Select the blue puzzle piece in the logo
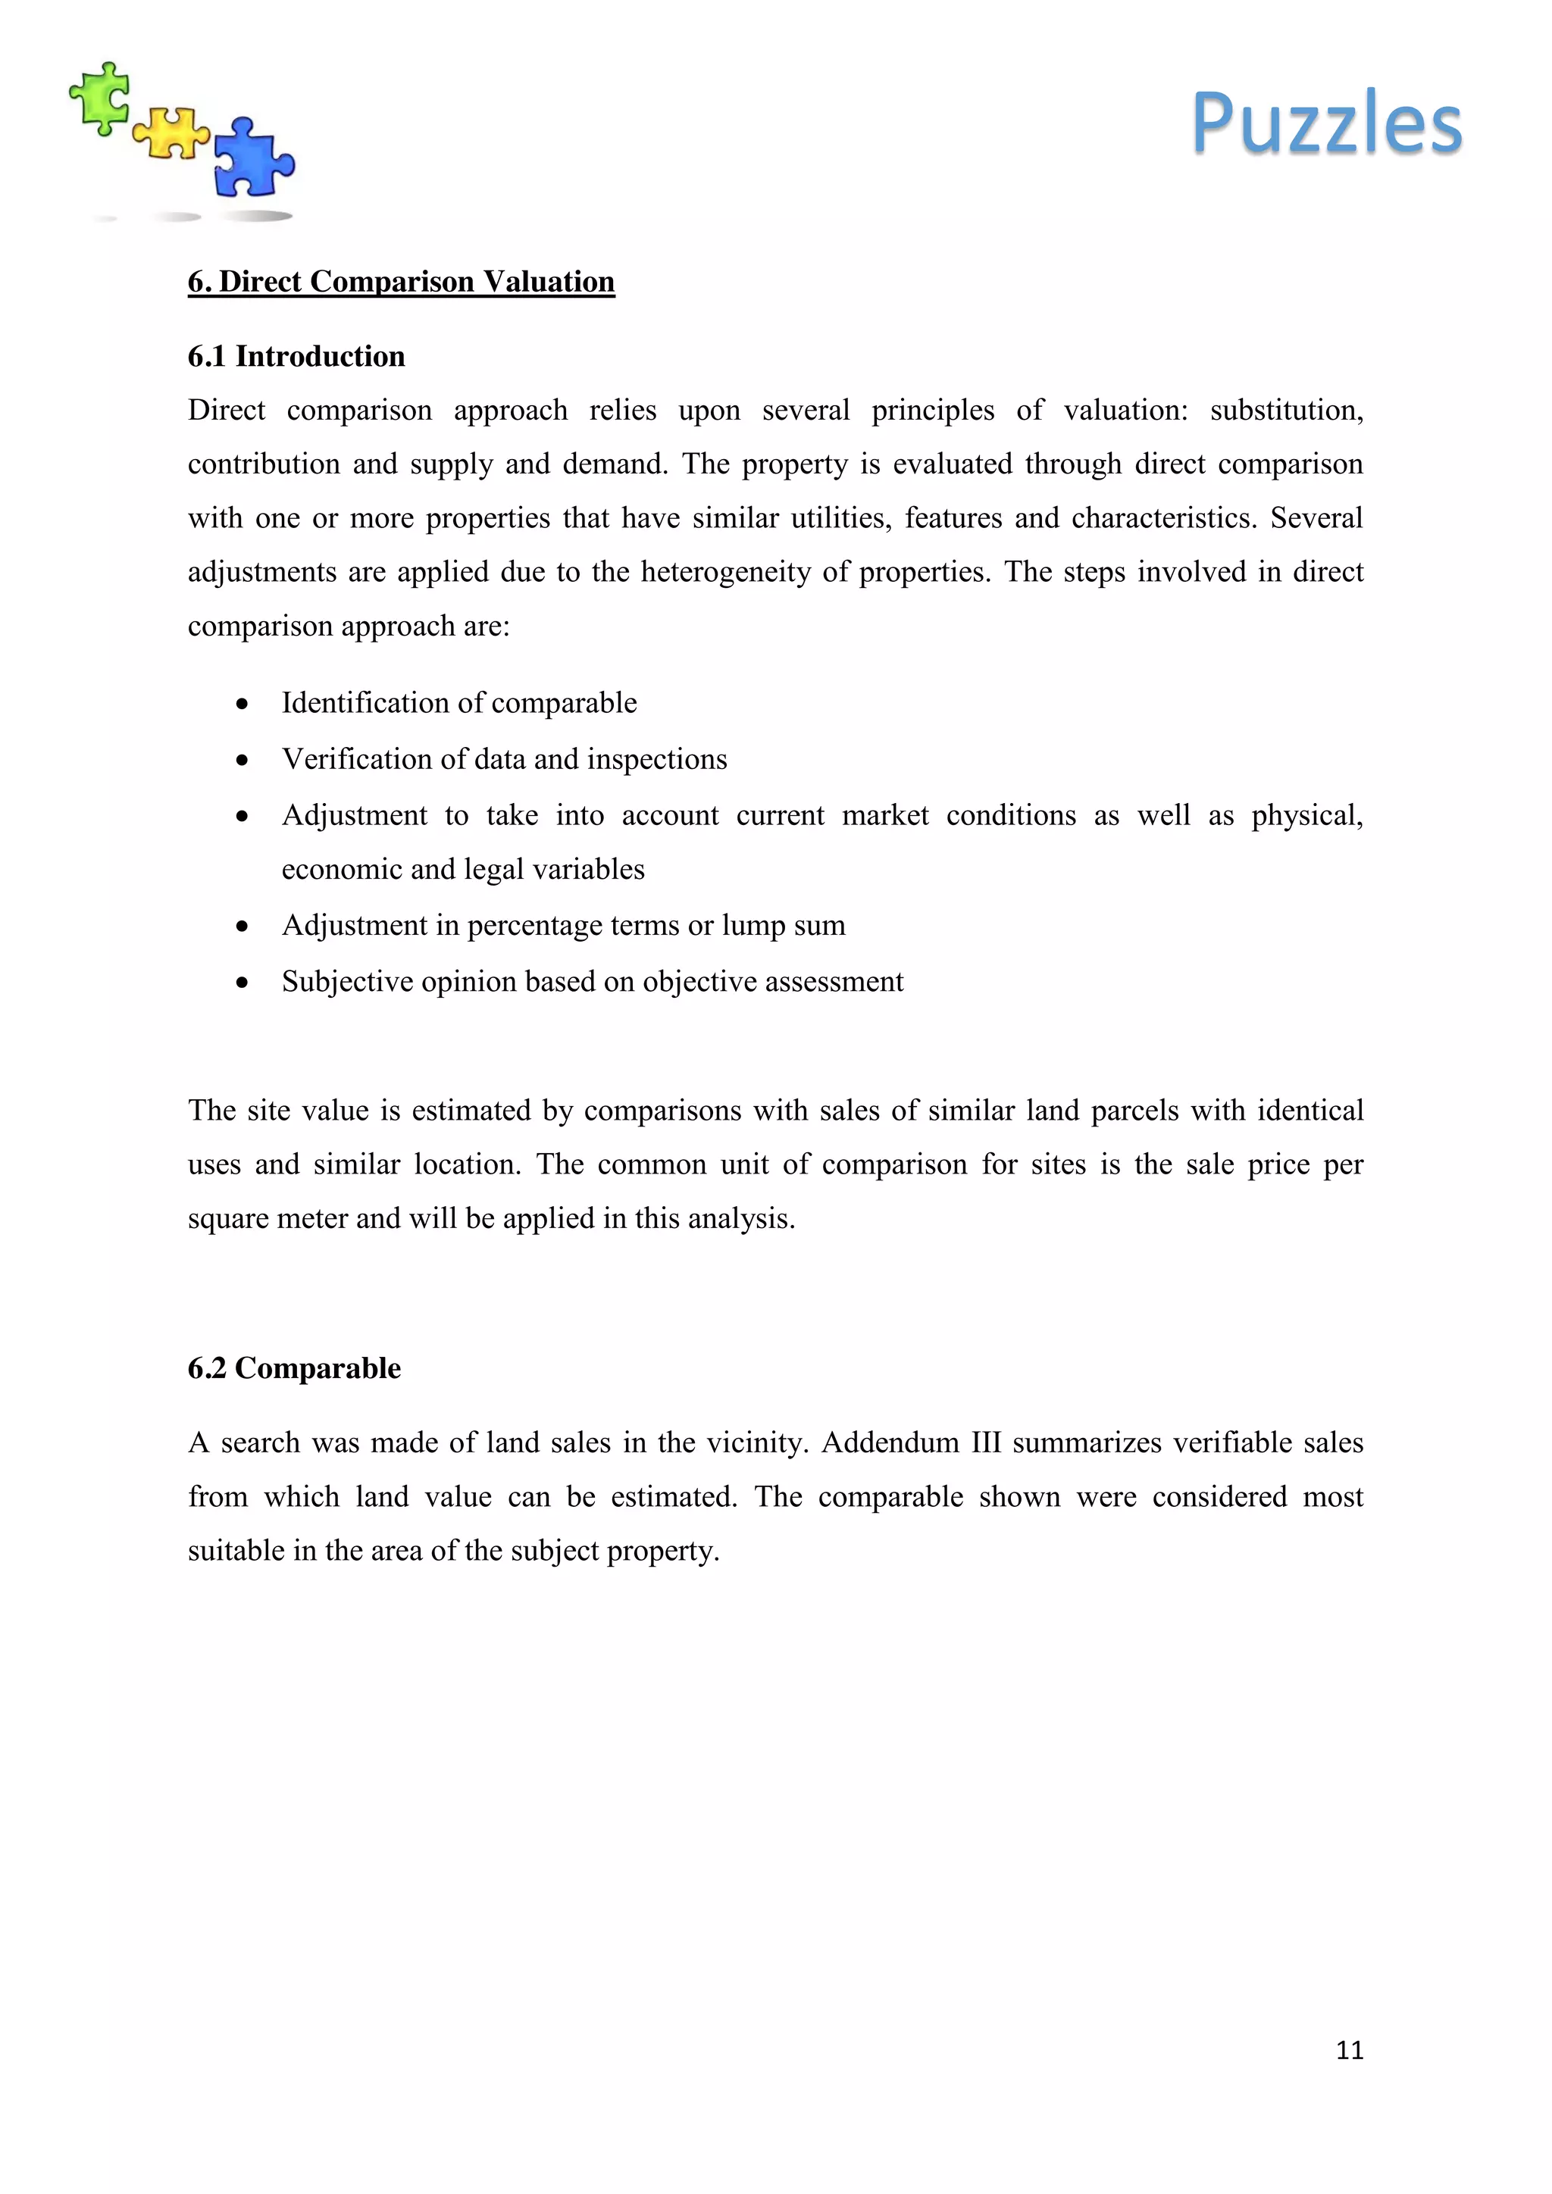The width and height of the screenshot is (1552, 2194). pyautogui.click(x=252, y=158)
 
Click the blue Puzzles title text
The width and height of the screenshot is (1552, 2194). pyautogui.click(x=1326, y=123)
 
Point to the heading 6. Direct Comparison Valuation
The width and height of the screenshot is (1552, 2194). pyautogui.click(x=402, y=282)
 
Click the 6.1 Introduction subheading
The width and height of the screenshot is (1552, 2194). pyautogui.click(x=296, y=356)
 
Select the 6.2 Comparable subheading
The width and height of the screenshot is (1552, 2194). pyautogui.click(x=294, y=1368)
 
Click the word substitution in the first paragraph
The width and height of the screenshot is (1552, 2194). pyautogui.click(x=1285, y=411)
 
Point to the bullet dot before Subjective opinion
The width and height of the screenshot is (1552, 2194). pyautogui.click(x=242, y=983)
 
